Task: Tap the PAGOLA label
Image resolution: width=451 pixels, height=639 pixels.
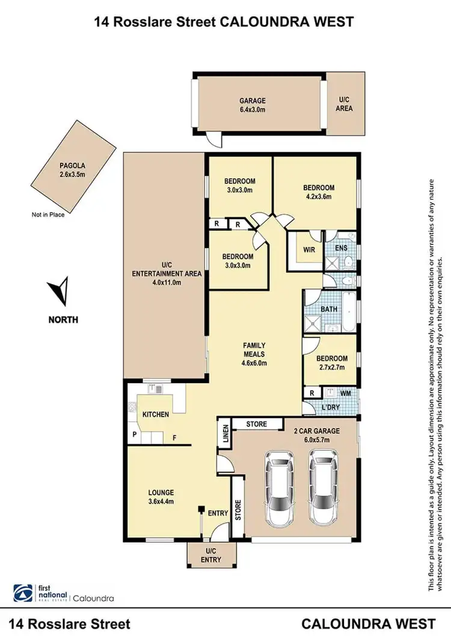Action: point(73,169)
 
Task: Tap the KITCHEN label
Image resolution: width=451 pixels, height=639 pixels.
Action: point(155,415)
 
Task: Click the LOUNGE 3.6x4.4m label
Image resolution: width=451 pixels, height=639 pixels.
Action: point(161,497)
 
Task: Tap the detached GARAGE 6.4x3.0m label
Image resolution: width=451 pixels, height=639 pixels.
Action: point(253,105)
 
